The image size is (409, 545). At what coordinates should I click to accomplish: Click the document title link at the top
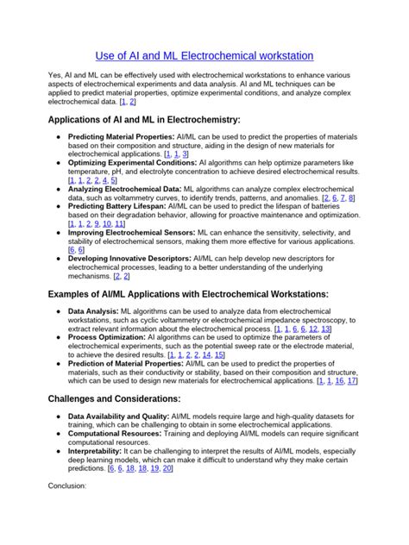204,54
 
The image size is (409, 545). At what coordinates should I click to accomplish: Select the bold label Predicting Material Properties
121,137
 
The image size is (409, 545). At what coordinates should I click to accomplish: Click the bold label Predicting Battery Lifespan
116,206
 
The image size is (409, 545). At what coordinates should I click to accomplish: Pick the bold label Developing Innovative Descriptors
129,258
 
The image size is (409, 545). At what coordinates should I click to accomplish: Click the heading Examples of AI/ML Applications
187,294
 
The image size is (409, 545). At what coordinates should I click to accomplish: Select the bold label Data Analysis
93,311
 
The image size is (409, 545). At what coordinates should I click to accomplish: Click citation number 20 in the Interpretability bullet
167,468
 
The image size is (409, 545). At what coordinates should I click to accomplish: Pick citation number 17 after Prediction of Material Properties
352,380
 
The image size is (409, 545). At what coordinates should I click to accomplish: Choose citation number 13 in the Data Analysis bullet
326,329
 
